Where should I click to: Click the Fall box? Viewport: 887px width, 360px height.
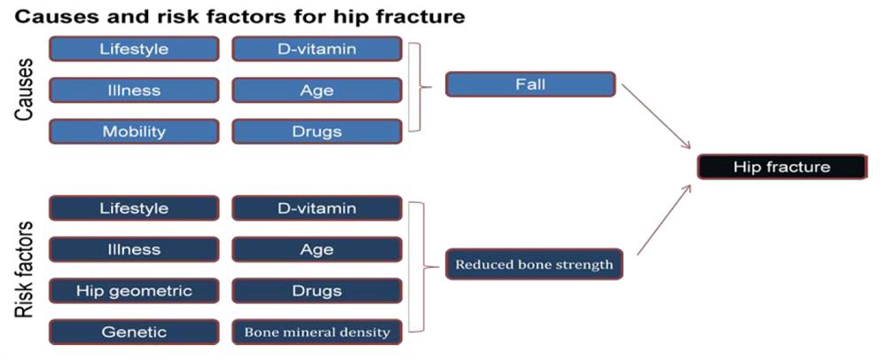[x=530, y=85]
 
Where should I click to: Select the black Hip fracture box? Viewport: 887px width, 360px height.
[x=781, y=168]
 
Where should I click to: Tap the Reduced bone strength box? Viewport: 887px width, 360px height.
[x=534, y=264]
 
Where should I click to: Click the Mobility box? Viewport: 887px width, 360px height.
[x=134, y=132]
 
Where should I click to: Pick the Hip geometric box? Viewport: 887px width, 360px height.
[x=134, y=291]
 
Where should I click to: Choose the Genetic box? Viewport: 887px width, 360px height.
[x=134, y=333]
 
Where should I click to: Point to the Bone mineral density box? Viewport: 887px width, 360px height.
[x=317, y=333]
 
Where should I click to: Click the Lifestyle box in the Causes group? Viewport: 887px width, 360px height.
[x=134, y=49]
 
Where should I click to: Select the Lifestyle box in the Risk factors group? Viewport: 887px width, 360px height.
[x=134, y=208]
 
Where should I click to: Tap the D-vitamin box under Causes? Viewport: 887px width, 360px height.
[x=317, y=49]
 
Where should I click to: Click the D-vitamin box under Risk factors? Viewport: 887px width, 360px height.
[x=317, y=208]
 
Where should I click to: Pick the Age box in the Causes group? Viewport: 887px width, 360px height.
[x=317, y=90]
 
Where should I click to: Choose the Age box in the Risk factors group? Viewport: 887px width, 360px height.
[x=317, y=249]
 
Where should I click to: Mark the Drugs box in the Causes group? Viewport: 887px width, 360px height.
[x=317, y=132]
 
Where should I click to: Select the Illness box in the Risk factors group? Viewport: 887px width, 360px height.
[x=134, y=249]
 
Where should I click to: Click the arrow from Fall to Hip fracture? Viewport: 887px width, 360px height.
[x=656, y=117]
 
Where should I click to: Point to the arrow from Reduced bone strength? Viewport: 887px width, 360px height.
[x=663, y=219]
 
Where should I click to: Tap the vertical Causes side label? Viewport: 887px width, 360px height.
[x=23, y=90]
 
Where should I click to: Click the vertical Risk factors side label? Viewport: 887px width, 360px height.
[x=23, y=270]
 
